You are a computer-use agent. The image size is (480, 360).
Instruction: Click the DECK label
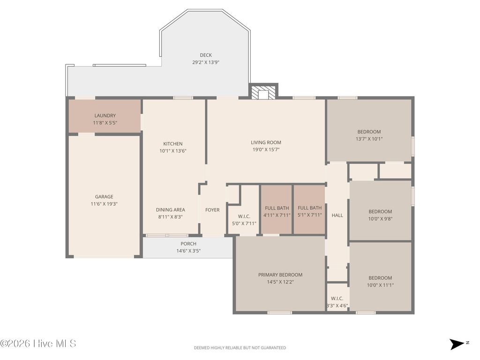(206, 55)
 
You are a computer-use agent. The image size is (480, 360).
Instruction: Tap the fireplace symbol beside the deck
(263, 93)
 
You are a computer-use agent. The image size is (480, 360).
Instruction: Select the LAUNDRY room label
(105, 116)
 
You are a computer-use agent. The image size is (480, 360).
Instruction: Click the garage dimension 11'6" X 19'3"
(105, 204)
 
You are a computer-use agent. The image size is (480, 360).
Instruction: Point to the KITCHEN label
(173, 144)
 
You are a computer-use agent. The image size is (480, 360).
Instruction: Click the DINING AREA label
(171, 210)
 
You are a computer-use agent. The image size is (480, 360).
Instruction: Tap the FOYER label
(212, 210)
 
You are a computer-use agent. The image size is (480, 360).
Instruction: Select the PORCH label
(188, 244)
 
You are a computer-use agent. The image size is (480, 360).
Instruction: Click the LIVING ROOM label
(266, 142)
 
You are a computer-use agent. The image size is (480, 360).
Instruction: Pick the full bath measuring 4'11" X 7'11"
(277, 211)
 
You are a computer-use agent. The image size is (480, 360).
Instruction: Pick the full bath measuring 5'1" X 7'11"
(309, 211)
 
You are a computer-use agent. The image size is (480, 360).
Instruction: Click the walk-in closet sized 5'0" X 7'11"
(244, 219)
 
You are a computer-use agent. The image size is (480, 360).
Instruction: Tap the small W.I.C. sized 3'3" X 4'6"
(337, 302)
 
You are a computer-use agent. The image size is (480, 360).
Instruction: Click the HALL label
(337, 215)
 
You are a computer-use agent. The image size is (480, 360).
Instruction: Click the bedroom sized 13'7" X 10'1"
(369, 135)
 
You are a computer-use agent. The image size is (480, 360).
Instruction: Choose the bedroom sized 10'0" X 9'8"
(380, 215)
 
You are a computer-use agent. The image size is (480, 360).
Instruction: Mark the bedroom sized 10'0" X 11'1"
(380, 281)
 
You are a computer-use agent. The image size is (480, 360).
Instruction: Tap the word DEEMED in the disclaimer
(202, 348)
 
